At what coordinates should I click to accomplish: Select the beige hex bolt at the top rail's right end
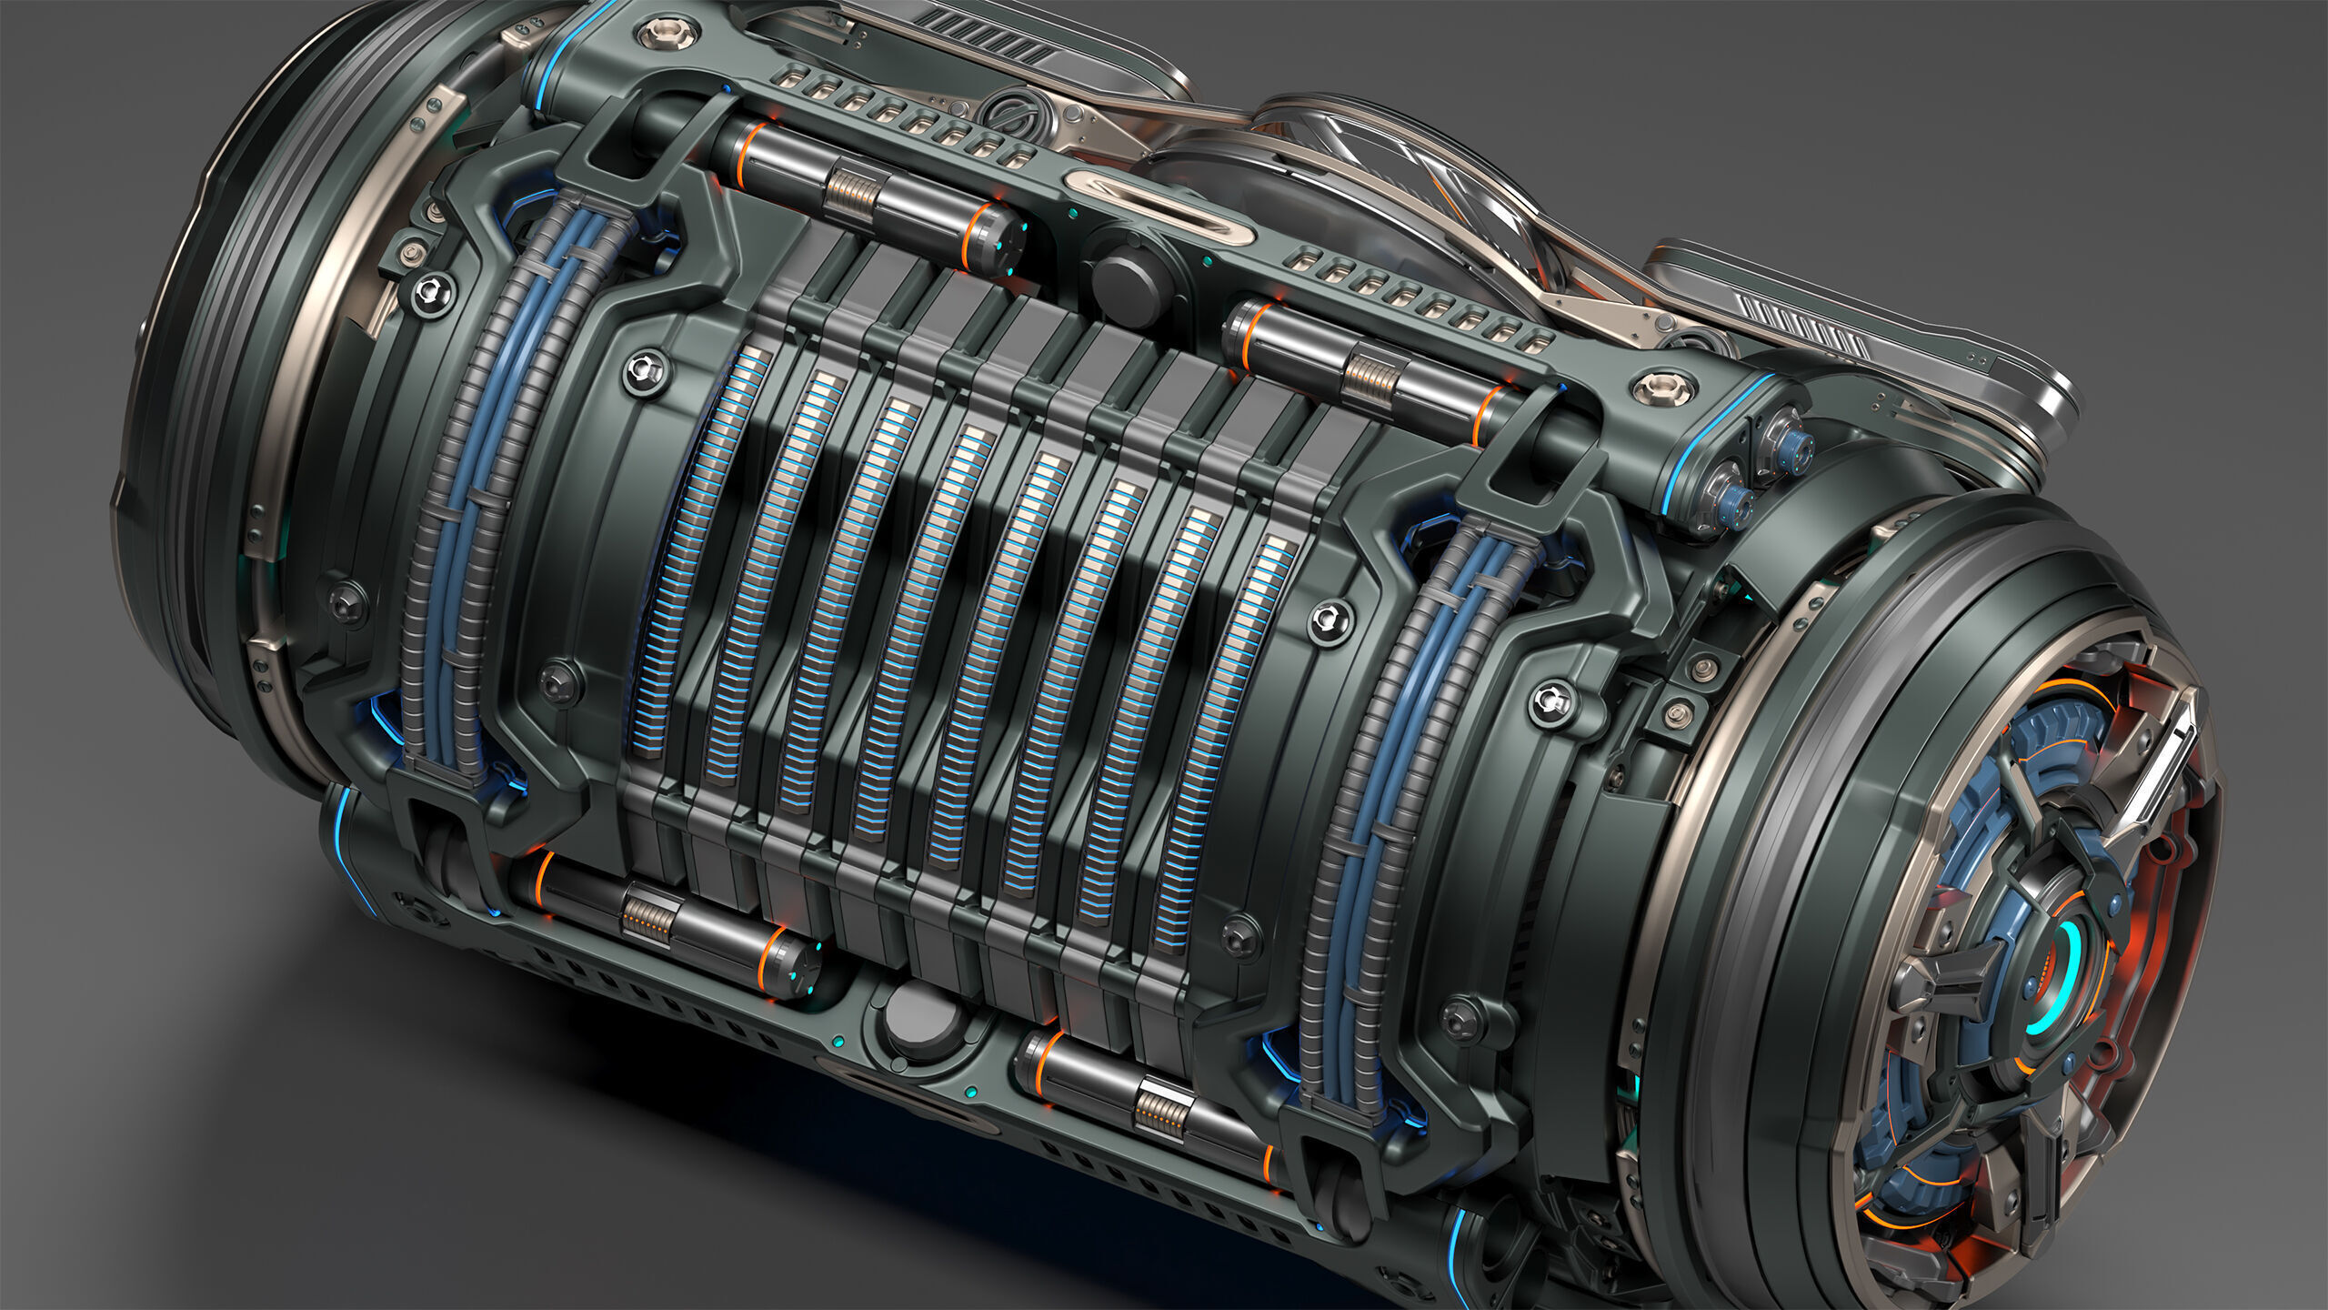pyautogui.click(x=1663, y=388)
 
